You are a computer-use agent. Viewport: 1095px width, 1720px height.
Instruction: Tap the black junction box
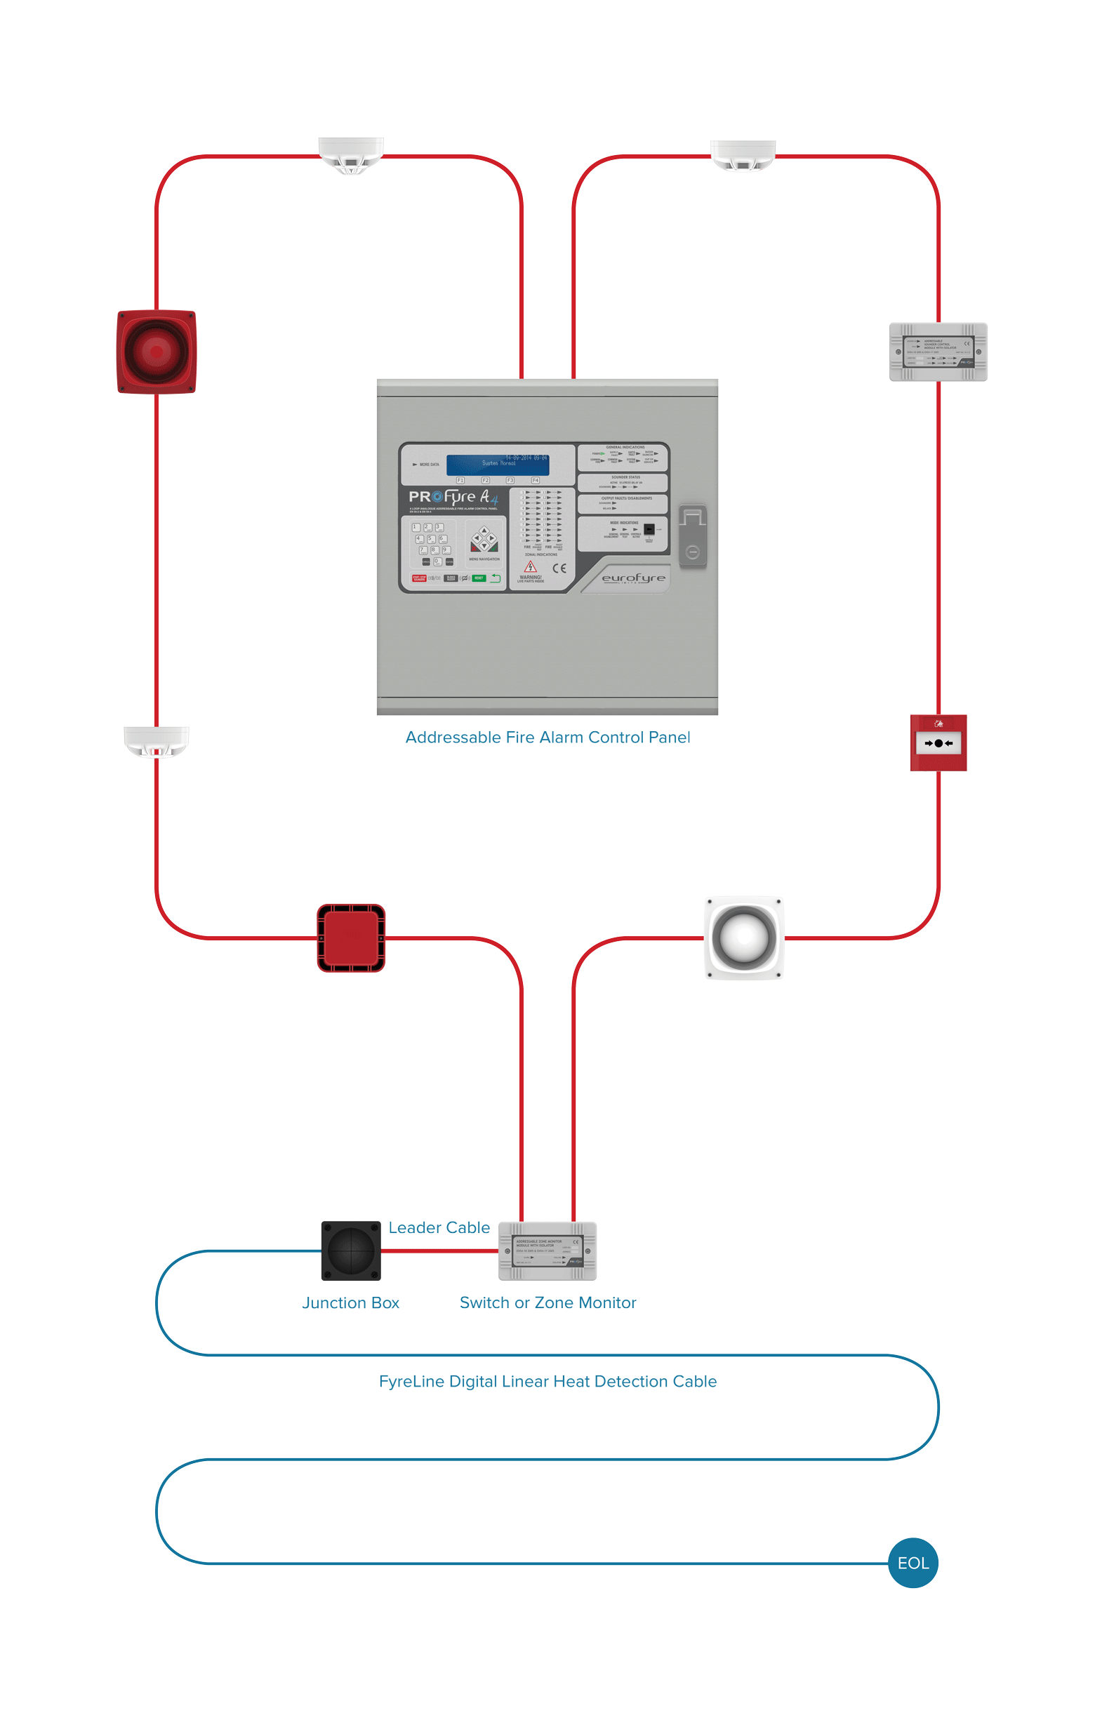pos(351,1250)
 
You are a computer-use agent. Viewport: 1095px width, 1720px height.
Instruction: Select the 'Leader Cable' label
pos(439,1227)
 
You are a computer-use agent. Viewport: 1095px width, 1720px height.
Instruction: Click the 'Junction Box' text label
pos(350,1302)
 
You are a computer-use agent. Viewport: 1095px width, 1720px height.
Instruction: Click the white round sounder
pos(743,937)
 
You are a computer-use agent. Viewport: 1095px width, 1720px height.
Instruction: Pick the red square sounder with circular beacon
pos(157,352)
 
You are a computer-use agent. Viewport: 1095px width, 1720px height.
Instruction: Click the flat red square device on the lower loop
pos(351,937)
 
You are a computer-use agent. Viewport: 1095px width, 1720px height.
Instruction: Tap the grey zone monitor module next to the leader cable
pos(547,1251)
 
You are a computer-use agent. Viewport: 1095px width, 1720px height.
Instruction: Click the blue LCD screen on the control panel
pos(498,465)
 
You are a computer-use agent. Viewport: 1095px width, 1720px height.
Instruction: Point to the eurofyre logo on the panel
pos(632,578)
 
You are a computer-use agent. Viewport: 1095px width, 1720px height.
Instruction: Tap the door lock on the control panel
pos(692,535)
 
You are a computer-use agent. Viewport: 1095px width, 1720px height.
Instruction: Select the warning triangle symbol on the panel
pos(530,566)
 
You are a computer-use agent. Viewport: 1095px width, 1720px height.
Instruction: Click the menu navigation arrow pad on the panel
pos(484,539)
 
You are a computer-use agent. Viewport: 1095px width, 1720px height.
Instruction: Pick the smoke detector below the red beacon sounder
pos(157,741)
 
